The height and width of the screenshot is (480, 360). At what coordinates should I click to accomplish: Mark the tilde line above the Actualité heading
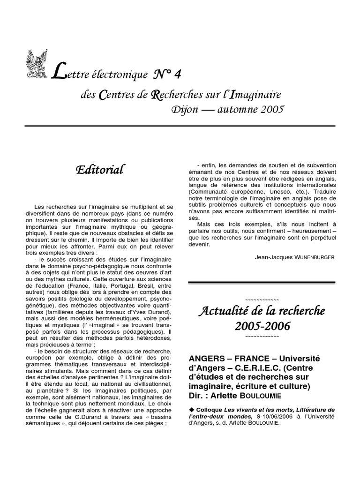point(262,299)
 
